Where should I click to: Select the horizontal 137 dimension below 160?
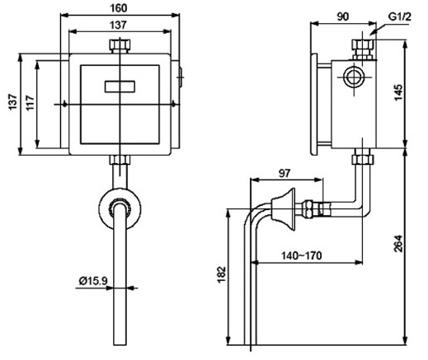coord(120,26)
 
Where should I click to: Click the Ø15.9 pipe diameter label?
coord(93,281)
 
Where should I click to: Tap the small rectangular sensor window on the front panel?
coord(120,84)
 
